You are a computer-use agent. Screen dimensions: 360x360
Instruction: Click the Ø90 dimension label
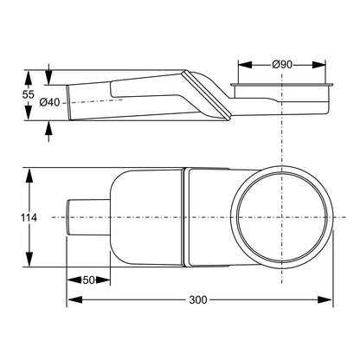pyautogui.click(x=282, y=65)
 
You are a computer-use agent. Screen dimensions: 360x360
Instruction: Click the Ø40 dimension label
pyautogui.click(x=49, y=102)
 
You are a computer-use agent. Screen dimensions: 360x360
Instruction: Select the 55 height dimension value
pyautogui.click(x=29, y=94)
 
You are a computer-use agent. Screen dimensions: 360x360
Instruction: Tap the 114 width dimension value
pyautogui.click(x=29, y=217)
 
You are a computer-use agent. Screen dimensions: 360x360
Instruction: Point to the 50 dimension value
pyautogui.click(x=88, y=280)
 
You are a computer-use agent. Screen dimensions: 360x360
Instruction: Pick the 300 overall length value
pyautogui.click(x=198, y=300)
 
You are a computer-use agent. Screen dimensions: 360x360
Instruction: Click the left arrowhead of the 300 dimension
pyautogui.click(x=74, y=299)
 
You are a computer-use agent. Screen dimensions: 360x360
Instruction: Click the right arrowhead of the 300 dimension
pyautogui.click(x=325, y=299)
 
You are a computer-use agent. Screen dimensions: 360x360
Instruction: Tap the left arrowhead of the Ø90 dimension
pyautogui.click(x=245, y=65)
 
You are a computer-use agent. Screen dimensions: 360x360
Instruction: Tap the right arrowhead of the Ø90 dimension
pyautogui.click(x=318, y=65)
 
